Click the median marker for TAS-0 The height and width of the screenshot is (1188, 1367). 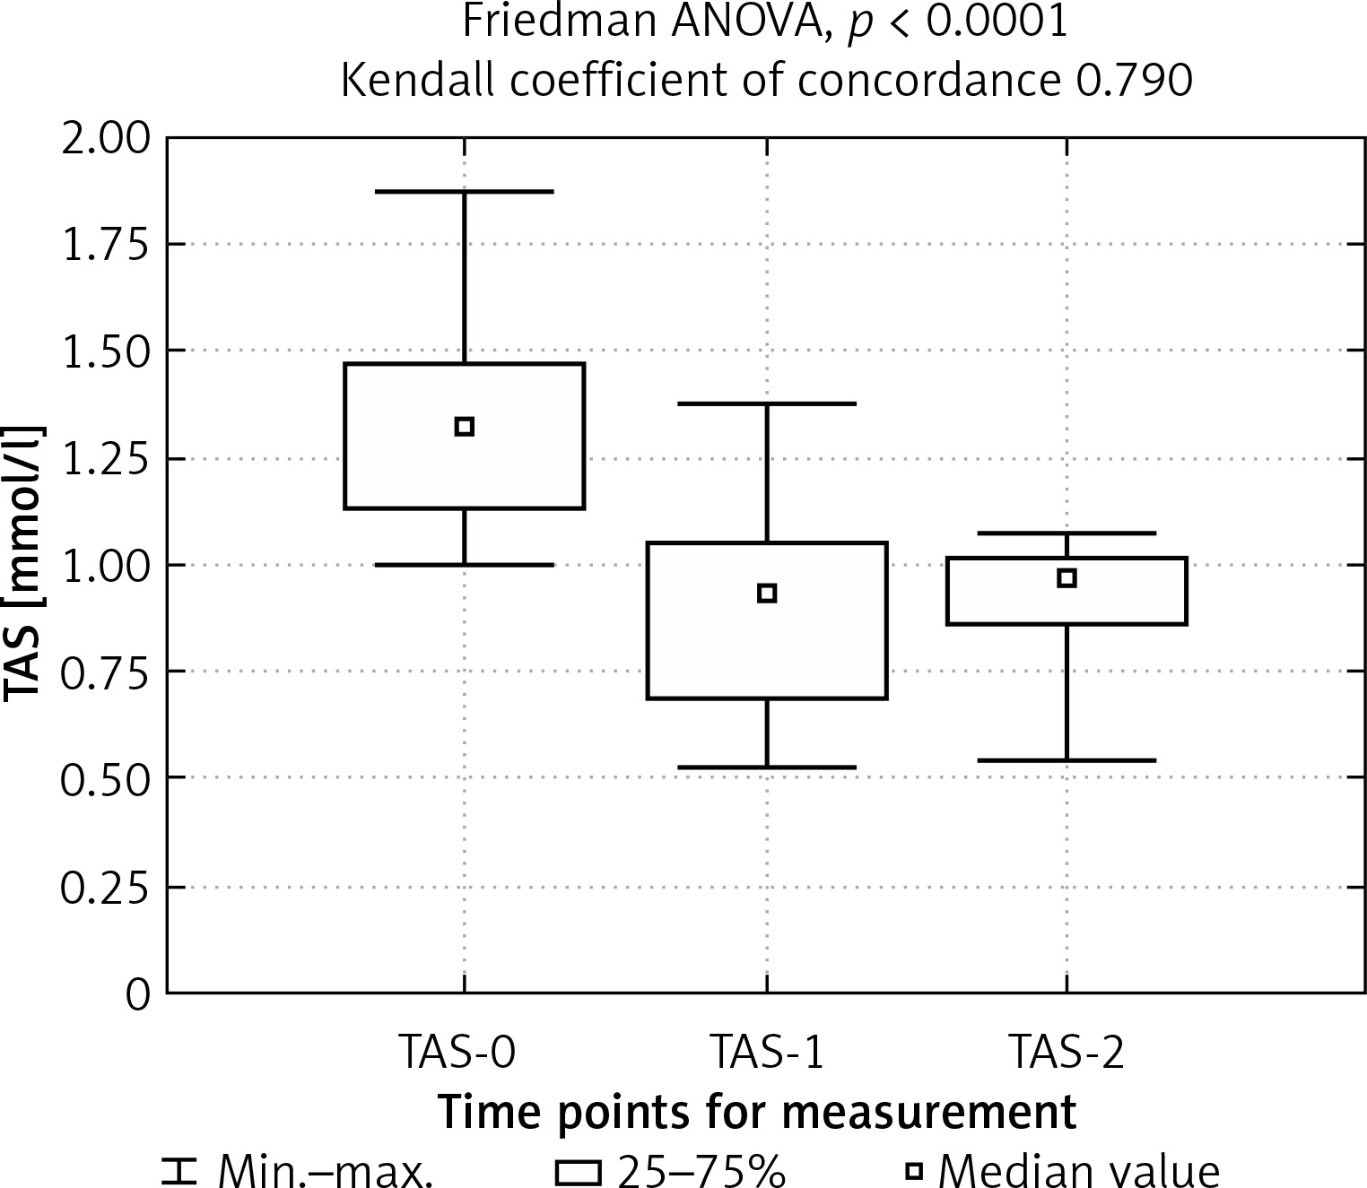coord(464,426)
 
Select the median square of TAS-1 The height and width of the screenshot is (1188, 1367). coord(766,593)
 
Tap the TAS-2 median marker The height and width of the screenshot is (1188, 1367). coord(1067,577)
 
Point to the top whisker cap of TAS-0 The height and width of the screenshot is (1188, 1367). coord(464,192)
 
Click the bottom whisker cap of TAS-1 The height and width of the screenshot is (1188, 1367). coord(766,767)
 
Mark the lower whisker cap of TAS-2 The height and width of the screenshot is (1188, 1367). coord(1067,760)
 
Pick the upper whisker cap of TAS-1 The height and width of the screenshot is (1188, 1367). coord(766,404)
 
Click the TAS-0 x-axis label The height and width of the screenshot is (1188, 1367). coord(457,1053)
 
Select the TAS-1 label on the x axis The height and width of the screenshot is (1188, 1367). coord(766,1053)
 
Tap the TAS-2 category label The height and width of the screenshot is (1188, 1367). coord(1066,1053)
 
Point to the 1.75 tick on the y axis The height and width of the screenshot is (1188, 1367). coord(104,245)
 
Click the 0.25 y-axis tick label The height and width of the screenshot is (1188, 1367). coord(104,888)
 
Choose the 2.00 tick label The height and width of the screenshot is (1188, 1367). coord(104,140)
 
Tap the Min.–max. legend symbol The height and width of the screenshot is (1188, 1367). coord(178,1170)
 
